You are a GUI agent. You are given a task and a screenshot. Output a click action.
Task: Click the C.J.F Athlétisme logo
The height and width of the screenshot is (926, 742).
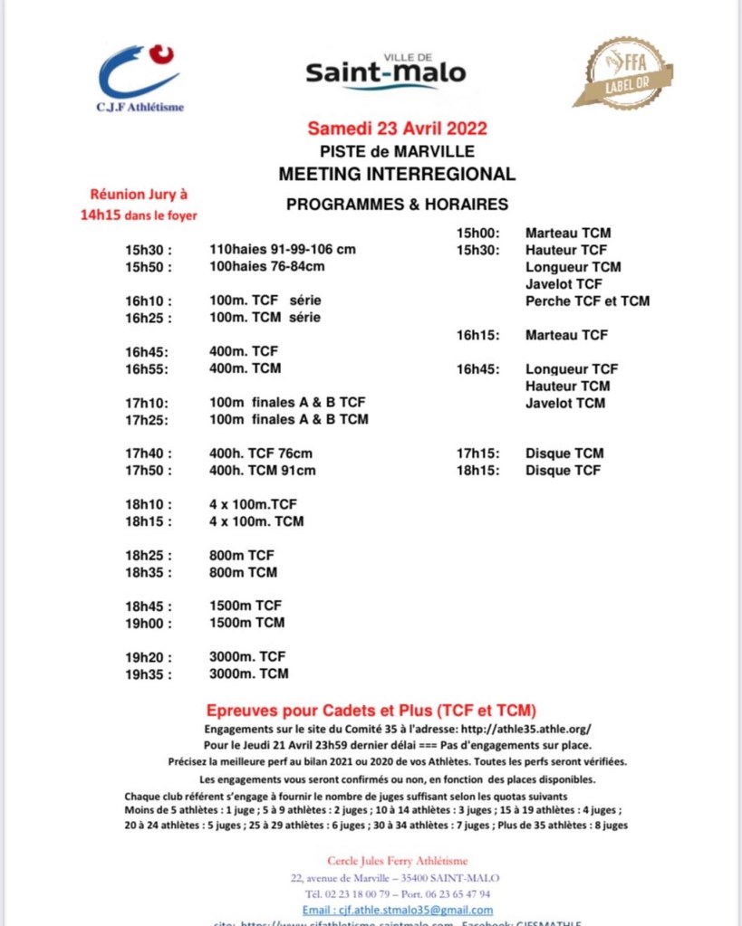[140, 77]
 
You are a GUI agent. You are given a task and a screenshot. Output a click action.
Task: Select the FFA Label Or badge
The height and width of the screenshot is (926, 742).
[629, 72]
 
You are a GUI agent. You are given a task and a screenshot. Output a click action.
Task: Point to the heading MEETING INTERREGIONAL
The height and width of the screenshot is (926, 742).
[397, 174]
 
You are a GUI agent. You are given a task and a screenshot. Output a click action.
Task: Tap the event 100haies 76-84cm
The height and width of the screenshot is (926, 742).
[266, 266]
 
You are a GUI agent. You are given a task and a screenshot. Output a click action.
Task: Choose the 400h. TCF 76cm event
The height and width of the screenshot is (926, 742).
[263, 453]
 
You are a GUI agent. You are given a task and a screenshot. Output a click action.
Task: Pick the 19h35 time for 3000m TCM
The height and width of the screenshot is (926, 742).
[149, 673]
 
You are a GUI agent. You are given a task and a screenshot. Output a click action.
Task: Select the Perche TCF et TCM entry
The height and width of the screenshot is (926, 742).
[587, 301]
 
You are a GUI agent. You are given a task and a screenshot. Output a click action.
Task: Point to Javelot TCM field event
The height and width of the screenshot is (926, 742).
[565, 403]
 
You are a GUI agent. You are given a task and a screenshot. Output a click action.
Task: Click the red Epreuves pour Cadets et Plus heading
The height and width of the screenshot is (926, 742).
[371, 709]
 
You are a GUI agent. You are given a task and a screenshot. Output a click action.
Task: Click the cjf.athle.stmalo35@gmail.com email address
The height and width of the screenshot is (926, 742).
[399, 910]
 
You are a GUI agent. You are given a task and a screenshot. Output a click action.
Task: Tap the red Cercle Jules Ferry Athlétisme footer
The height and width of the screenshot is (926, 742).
[397, 861]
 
